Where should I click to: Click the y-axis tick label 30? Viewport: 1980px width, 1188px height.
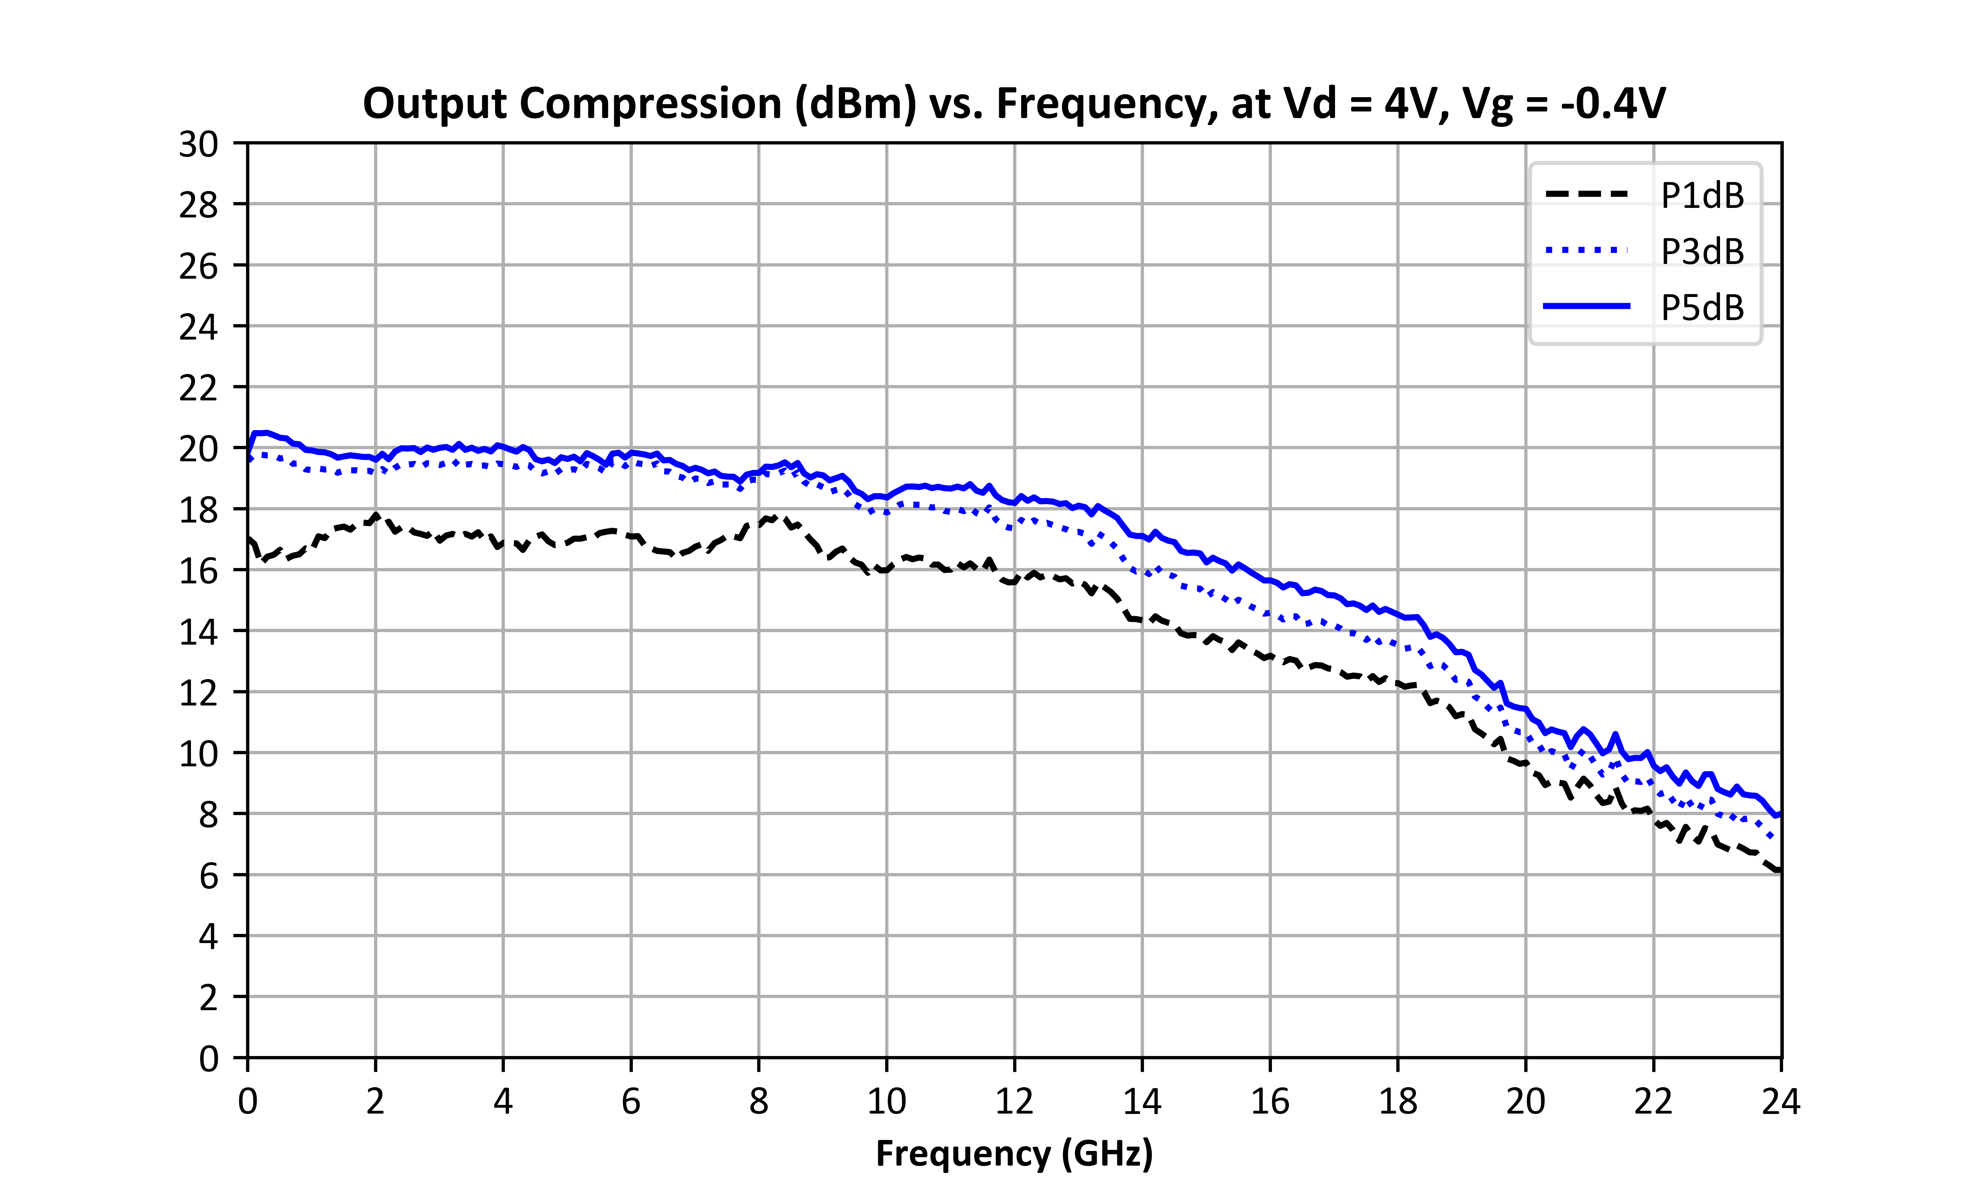[x=198, y=145]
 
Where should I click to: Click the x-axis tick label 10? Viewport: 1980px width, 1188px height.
[x=887, y=1101]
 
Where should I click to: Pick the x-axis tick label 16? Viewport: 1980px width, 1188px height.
[x=1270, y=1101]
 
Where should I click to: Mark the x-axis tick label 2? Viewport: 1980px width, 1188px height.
[x=375, y=1101]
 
